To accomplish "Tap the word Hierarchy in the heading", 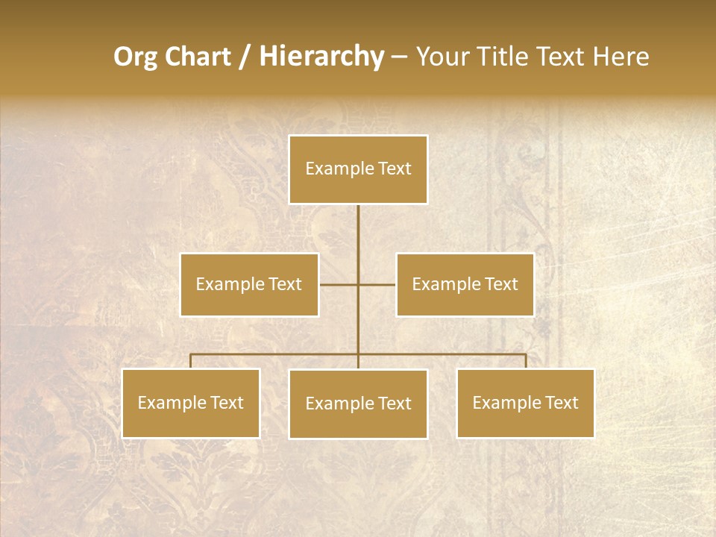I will (321, 57).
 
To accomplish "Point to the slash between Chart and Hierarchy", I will (245, 57).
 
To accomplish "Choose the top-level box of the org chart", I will (358, 169).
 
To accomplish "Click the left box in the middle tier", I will (249, 284).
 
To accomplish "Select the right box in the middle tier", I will (465, 284).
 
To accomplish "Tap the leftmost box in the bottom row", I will (191, 403).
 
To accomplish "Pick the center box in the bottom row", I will (358, 403).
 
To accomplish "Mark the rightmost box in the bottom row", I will (525, 403).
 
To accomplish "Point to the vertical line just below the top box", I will (358, 224).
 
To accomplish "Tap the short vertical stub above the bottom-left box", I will (191, 361).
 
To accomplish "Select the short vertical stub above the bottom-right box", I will (525, 361).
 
